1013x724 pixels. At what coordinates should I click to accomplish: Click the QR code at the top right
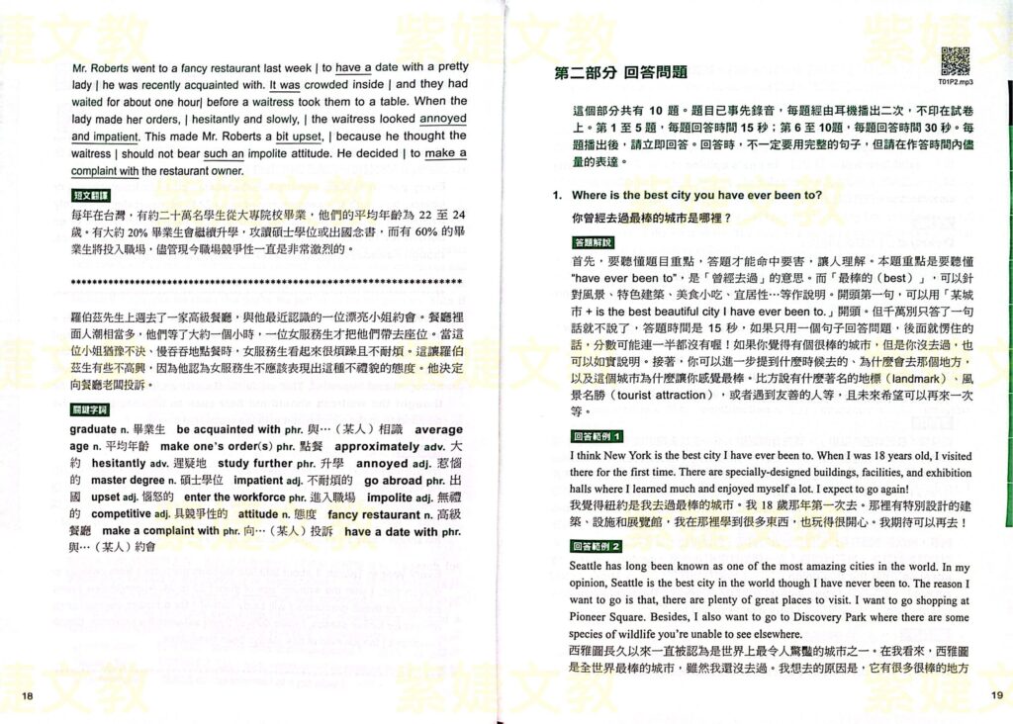(954, 60)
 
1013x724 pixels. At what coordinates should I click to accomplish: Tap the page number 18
(27, 696)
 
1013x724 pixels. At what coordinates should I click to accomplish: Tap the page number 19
(995, 696)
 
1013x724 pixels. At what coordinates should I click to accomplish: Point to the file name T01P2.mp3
(953, 84)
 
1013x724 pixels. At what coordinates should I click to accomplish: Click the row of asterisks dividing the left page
(268, 282)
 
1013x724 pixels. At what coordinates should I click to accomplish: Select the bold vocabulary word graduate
(93, 429)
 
